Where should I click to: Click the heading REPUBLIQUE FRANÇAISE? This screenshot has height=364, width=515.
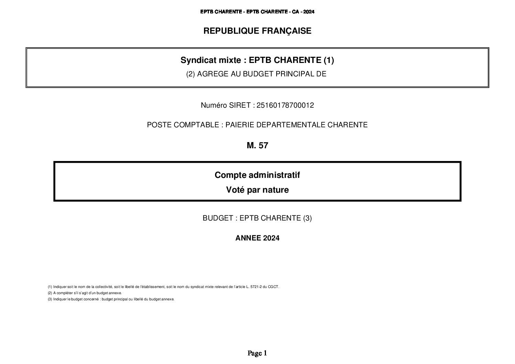click(x=257, y=31)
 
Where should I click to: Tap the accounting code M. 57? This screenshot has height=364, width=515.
click(x=257, y=146)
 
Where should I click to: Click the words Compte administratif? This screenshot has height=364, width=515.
click(x=257, y=175)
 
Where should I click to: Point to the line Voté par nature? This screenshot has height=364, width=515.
click(x=257, y=190)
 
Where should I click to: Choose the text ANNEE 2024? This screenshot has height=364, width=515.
click(x=257, y=238)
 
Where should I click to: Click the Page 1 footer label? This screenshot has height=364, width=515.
click(x=257, y=353)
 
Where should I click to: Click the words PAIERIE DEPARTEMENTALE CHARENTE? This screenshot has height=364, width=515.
click(x=297, y=125)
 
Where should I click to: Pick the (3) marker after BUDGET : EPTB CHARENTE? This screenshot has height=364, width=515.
click(x=307, y=218)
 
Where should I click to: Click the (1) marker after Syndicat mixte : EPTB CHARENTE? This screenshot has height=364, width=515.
click(x=329, y=60)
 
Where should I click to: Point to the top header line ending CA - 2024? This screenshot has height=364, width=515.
click(x=257, y=12)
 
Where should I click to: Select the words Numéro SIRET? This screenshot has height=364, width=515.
click(x=226, y=106)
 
